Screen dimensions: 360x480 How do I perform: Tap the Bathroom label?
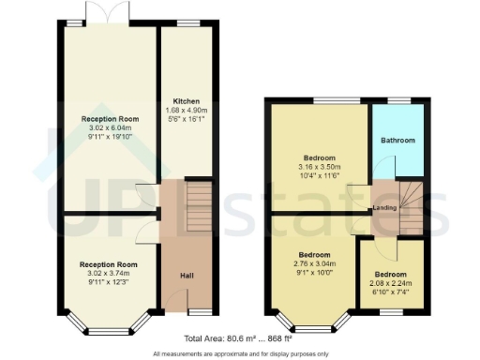click(397, 140)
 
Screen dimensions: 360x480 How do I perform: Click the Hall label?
click(187, 275)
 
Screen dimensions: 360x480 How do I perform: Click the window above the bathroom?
click(399, 99)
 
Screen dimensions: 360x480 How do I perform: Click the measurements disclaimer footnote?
click(240, 353)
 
